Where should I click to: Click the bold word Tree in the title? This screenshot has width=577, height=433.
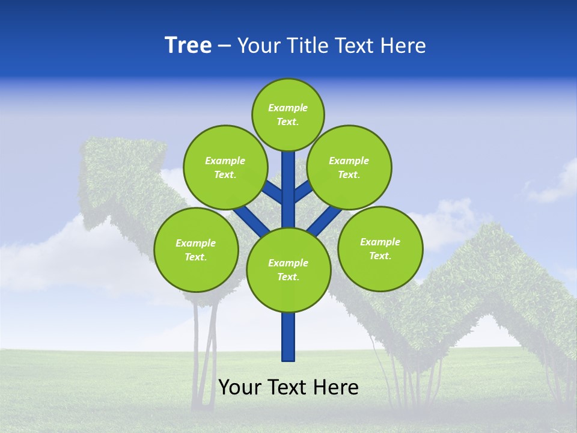point(188,46)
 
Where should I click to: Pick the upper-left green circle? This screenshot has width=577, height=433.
point(225,167)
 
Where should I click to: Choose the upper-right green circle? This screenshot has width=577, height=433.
point(349,167)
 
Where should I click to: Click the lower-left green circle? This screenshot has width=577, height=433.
point(196,250)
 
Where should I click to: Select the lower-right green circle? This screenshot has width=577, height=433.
point(380,248)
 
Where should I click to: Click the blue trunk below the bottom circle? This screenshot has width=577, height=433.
point(288,337)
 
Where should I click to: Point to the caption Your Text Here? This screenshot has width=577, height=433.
point(288,387)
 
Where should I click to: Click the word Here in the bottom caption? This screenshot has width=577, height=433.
point(337,387)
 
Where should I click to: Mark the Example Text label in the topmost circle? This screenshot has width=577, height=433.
point(288,115)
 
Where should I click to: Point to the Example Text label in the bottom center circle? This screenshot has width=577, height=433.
point(288,270)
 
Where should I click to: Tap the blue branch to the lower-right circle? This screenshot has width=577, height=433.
point(325,220)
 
